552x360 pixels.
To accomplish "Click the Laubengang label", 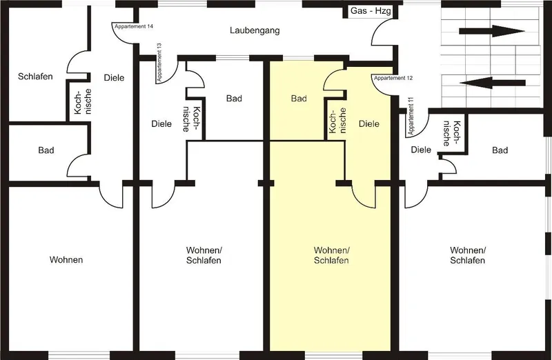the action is [x=255, y=30].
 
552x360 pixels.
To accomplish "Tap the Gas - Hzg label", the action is [x=371, y=11].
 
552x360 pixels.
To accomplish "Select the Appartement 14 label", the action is [x=134, y=26].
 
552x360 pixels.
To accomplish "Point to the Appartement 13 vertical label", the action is [x=159, y=62].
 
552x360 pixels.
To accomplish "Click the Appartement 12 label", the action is [x=393, y=78].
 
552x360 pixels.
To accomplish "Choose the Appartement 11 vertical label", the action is [x=411, y=117].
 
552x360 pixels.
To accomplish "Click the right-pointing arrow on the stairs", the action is [x=492, y=31].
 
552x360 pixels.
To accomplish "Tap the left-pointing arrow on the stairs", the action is [x=493, y=83].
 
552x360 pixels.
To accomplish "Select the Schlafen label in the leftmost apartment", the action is [x=35, y=77].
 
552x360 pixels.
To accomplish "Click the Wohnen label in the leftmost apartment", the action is [x=66, y=260].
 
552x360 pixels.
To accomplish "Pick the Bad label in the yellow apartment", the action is [x=299, y=99].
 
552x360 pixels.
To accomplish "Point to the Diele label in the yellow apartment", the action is [x=369, y=124].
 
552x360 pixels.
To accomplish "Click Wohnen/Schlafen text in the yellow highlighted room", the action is [x=331, y=255].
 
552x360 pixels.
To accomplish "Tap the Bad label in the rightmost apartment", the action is [x=500, y=150].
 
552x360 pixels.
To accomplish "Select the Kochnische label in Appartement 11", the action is [x=452, y=133].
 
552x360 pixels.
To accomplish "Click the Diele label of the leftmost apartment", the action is [x=114, y=78].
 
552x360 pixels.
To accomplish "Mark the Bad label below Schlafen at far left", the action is [x=46, y=150].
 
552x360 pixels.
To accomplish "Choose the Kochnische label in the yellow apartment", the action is [x=337, y=121].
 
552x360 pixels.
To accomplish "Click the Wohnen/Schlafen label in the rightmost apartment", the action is [x=468, y=255].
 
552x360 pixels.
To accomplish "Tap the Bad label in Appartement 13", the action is [x=234, y=99].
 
